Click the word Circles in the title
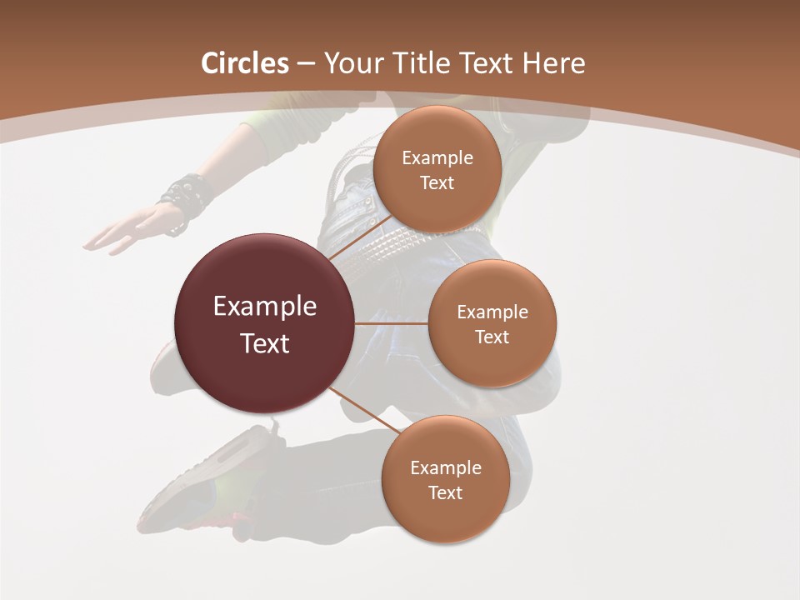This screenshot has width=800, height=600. [245, 63]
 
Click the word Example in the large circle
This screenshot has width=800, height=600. [265, 307]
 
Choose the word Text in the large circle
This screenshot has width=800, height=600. [265, 343]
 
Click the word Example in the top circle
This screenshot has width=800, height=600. [437, 158]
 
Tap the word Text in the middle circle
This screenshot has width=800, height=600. [492, 337]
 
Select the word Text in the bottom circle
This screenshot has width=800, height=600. [445, 493]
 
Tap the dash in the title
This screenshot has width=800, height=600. [306, 64]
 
